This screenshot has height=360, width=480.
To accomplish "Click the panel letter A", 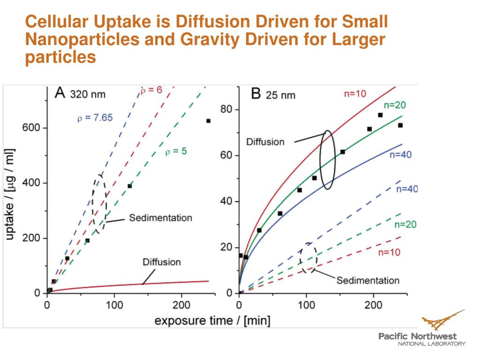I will coord(60,93).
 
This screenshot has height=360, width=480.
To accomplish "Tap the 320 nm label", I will coord(88,94).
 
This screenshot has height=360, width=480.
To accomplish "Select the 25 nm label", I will coord(281,95).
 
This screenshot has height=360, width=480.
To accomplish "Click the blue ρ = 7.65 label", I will coord(95,118).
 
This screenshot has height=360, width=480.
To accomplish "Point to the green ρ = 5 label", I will coord(176,151).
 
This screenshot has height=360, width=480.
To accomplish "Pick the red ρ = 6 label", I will coord(151,90).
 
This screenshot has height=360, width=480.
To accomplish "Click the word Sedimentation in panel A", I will coord(161,218).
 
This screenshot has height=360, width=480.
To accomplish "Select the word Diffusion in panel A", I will coord(162,262).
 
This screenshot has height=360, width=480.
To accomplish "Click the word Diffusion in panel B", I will coord(266,142).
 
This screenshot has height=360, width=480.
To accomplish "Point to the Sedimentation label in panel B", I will coord(368,280).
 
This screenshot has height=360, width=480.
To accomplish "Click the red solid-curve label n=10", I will coord(355,94).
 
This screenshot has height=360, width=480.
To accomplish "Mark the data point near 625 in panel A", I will coord(208,121).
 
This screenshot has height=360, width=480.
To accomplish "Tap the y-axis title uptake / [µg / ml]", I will coord(10,195).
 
